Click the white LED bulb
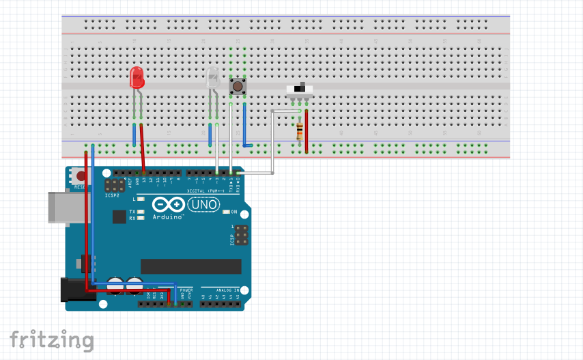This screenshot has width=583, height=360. [213, 79]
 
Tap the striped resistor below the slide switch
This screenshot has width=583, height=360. [300, 129]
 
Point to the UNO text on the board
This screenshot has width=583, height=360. [203, 204]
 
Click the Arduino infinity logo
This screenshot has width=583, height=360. [169, 205]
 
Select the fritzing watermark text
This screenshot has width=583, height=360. [51, 340]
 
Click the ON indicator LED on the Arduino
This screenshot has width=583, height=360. [225, 212]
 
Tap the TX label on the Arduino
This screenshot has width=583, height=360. [132, 212]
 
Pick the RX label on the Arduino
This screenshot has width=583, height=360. [132, 219]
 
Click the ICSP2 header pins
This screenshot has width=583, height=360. [114, 186]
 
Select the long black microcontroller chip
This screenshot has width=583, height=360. [191, 266]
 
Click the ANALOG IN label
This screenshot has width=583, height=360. [227, 290]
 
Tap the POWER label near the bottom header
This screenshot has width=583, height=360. [186, 290]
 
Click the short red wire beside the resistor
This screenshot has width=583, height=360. [307, 130]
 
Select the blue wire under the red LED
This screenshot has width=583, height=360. [134, 134]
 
